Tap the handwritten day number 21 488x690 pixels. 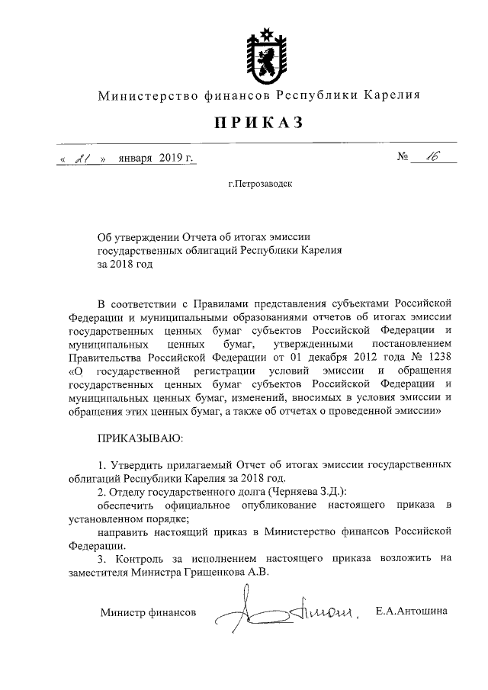[84, 159]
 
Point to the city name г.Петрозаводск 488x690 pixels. [258, 184]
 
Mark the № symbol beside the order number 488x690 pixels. [404, 159]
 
